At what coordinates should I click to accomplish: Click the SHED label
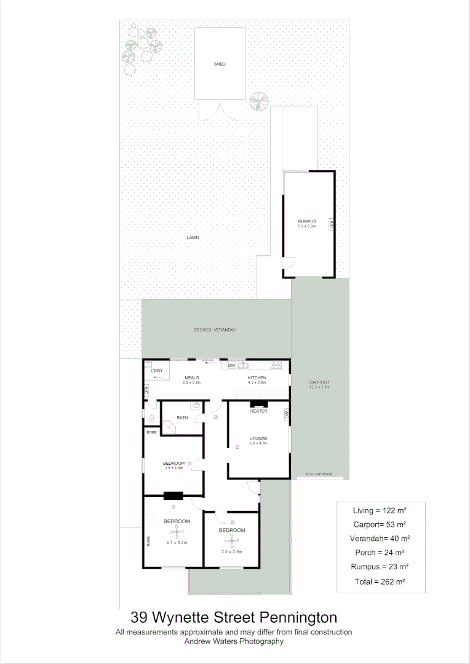pyautogui.click(x=220, y=64)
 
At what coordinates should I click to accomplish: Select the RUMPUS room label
pyautogui.click(x=306, y=221)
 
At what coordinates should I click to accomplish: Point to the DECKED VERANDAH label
pyautogui.click(x=215, y=330)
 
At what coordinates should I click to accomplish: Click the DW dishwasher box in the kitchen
pyautogui.click(x=232, y=366)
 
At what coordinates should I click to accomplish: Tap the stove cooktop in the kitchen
pyautogui.click(x=277, y=365)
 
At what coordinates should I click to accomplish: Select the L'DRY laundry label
pyautogui.click(x=156, y=371)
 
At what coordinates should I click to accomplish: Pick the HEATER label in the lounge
pyautogui.click(x=258, y=411)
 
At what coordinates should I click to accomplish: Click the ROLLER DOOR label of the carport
pyautogui.click(x=319, y=475)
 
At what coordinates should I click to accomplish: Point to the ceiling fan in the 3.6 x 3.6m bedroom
pyautogui.click(x=233, y=540)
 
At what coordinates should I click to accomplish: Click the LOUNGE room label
pyautogui.click(x=258, y=438)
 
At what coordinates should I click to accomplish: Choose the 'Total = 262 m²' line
pyautogui.click(x=380, y=581)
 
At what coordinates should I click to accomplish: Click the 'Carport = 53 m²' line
pyautogui.click(x=380, y=524)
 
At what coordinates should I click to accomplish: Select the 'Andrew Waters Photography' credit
pyautogui.click(x=234, y=641)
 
